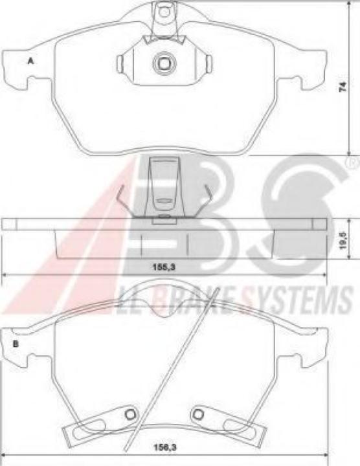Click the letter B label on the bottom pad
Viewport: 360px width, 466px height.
[15, 343]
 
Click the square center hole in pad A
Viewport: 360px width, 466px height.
[161, 63]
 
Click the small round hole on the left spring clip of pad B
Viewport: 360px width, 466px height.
[129, 415]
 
